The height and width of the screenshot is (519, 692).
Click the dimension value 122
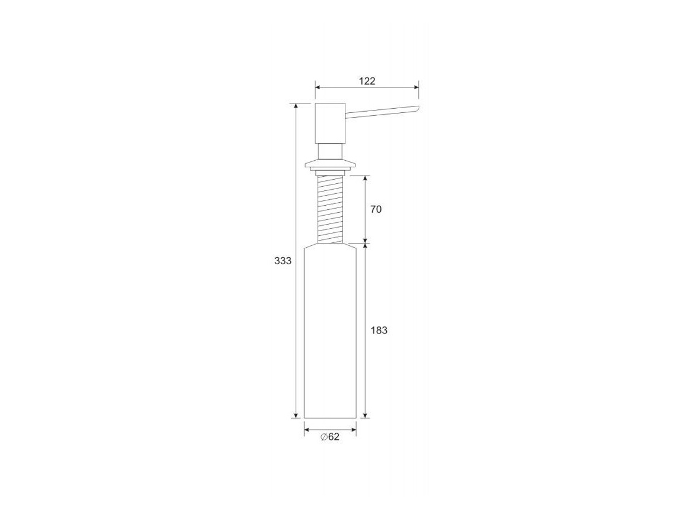367,81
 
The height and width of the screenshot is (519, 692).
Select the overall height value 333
283,261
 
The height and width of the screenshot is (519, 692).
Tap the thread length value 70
376,209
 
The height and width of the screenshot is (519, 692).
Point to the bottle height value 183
379,330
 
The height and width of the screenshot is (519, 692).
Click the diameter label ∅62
330,437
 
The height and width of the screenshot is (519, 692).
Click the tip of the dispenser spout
418,106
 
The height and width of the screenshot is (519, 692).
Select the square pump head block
329,124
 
